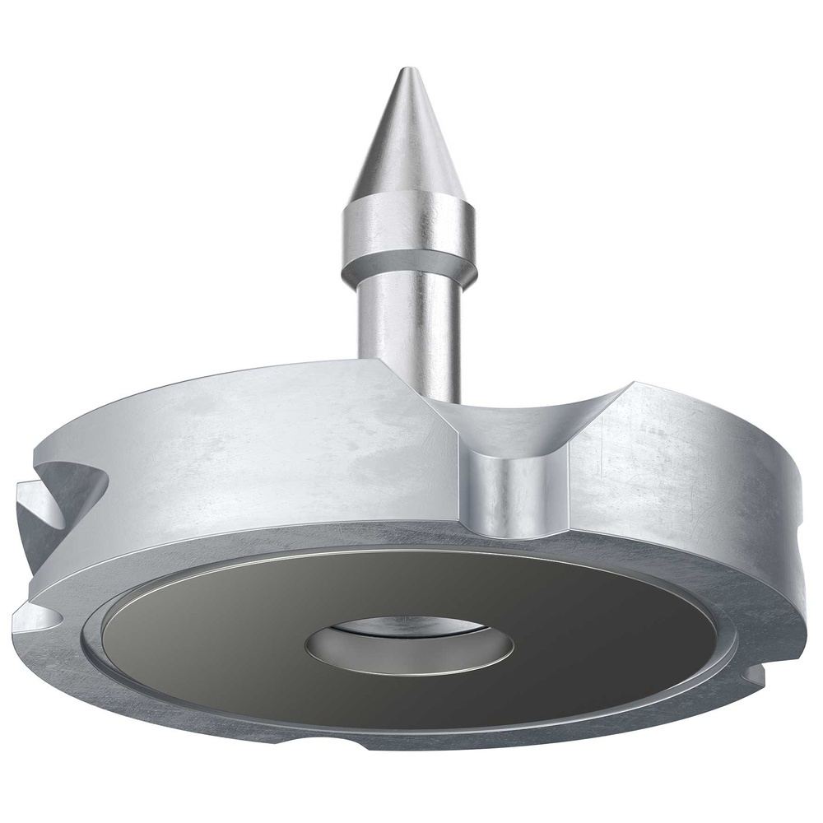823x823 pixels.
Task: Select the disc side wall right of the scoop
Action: (x=683, y=477)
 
